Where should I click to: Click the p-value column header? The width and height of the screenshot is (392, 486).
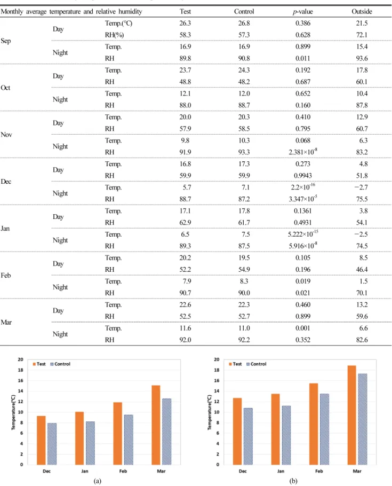coord(302,11)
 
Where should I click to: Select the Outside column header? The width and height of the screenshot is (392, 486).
coord(362,11)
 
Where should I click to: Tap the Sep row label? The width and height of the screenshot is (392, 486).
coord(5,41)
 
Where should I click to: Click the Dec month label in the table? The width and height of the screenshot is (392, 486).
coord(6,182)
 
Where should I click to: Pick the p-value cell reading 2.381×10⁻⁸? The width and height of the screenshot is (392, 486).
coord(303,152)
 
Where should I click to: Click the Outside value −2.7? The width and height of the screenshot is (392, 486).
coord(361,187)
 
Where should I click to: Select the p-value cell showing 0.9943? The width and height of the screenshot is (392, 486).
coord(303,175)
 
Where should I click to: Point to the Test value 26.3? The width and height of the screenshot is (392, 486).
coord(185,23)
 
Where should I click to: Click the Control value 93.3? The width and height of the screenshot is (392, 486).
coord(244,152)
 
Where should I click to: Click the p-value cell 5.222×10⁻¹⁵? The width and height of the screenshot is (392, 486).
coord(303,234)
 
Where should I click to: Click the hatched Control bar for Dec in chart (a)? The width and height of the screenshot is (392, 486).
coord(52,444)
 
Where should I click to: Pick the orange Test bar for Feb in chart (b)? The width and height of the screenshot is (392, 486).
coord(314,424)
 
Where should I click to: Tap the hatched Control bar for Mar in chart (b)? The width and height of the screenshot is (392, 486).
coord(363,419)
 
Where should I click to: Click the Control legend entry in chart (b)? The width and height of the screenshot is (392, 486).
coord(257,364)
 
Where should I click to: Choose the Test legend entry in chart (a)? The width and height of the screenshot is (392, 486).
coord(39,364)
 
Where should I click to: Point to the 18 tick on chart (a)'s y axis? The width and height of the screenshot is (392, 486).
coord(20,370)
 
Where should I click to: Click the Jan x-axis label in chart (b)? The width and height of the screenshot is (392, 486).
coord(281,471)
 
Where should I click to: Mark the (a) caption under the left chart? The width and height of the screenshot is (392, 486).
coord(97,481)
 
